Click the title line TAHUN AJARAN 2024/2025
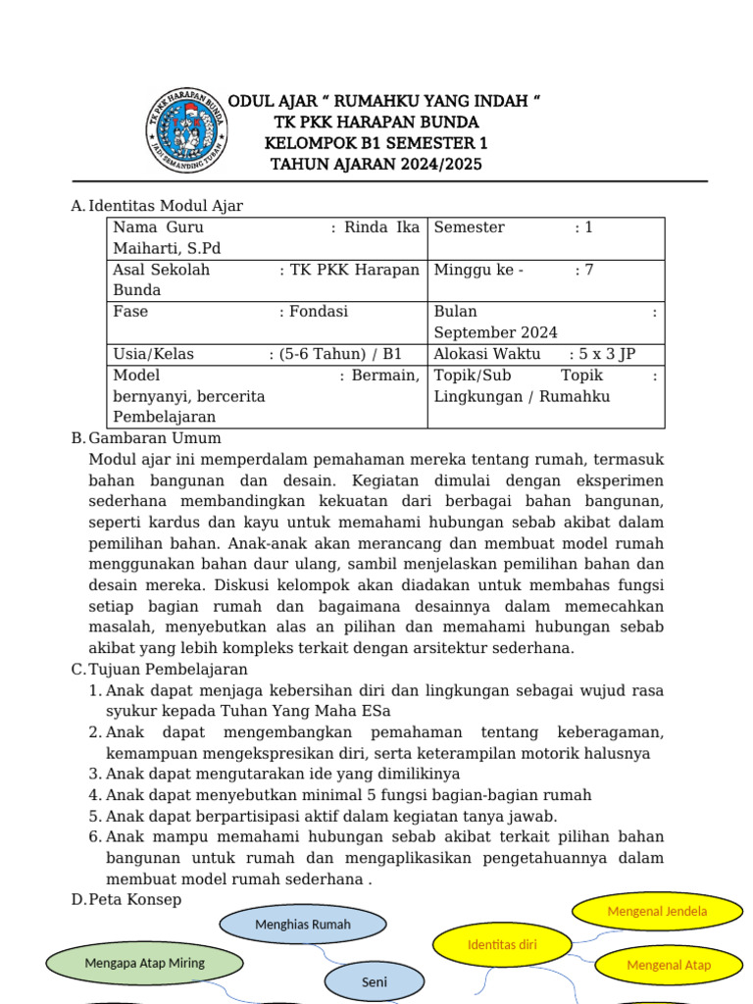click(x=376, y=165)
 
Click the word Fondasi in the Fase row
click(x=319, y=312)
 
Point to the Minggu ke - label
click(x=478, y=270)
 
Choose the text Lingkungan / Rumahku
click(x=522, y=396)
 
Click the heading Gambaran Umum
click(x=155, y=438)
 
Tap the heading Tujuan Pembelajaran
click(x=174, y=669)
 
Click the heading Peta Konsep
click(x=134, y=899)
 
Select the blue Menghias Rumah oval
click(x=303, y=925)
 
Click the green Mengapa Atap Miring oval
click(x=144, y=963)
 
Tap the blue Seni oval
click(x=374, y=981)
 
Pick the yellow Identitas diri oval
click(x=503, y=945)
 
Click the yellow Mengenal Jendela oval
click(x=657, y=912)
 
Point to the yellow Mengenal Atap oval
click(x=669, y=965)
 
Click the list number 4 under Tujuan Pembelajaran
click(x=95, y=795)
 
